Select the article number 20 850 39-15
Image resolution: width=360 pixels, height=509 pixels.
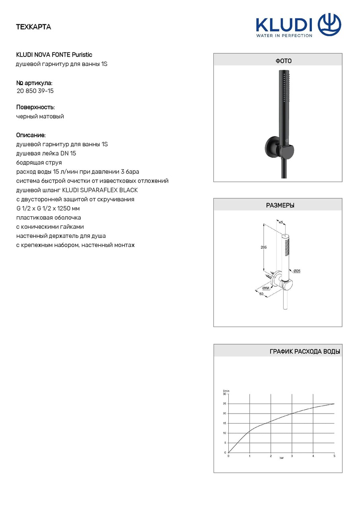click(35, 91)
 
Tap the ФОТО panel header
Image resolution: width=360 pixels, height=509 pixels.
click(284, 61)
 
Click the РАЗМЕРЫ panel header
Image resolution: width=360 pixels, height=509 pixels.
click(280, 206)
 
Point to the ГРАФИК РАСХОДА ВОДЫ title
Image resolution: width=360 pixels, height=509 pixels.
click(305, 352)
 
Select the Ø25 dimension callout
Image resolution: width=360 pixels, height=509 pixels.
click(297, 271)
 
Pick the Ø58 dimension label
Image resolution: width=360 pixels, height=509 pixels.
click(266, 288)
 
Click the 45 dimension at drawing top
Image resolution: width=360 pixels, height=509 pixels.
click(280, 223)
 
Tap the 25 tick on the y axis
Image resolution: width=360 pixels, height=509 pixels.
click(224, 404)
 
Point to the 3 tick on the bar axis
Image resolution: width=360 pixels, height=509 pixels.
click(292, 456)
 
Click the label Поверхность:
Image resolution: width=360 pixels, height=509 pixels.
click(35, 107)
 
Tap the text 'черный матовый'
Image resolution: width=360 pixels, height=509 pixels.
click(40, 117)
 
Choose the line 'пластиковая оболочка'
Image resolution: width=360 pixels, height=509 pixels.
click(49, 218)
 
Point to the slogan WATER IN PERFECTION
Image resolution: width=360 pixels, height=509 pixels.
click(284, 35)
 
